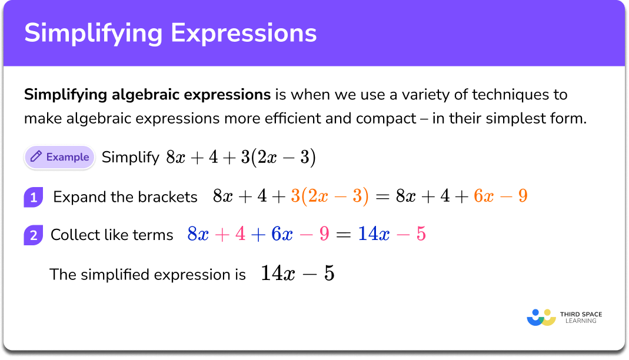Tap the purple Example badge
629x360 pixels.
(x=59, y=157)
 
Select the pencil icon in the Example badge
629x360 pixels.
(x=36, y=157)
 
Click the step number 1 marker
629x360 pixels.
(x=33, y=197)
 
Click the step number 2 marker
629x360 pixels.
(x=33, y=235)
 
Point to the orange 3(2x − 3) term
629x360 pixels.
(x=330, y=196)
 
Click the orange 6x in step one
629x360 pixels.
(x=484, y=196)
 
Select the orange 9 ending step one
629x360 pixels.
(x=522, y=196)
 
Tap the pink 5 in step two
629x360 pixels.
(x=420, y=235)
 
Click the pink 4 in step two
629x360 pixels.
(x=240, y=235)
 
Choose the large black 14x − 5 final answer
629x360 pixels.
(x=297, y=274)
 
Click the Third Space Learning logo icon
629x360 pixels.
(x=541, y=317)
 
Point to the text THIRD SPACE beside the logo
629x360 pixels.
(x=581, y=314)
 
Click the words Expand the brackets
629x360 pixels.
(x=125, y=197)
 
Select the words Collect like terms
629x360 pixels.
(x=112, y=235)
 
